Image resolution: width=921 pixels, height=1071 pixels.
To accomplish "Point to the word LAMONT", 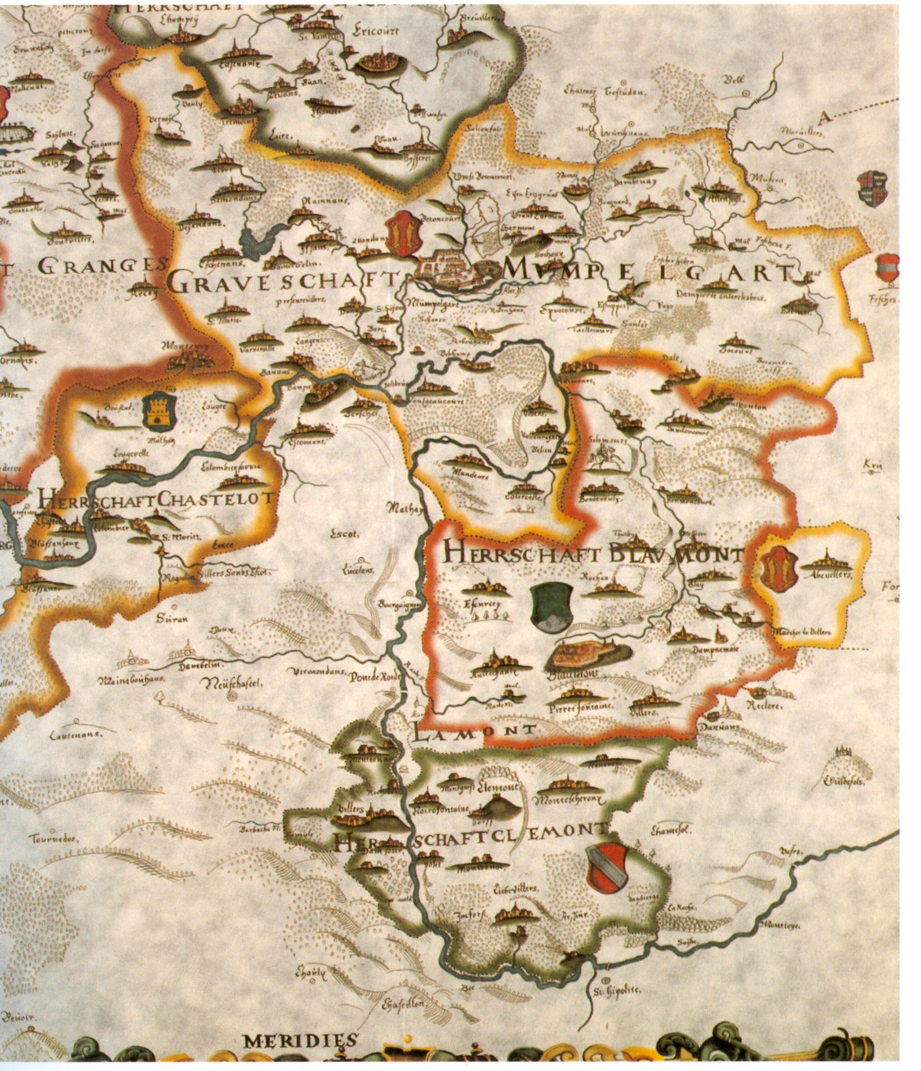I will click(475, 730).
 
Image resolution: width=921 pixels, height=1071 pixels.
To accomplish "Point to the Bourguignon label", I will click(400, 605).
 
